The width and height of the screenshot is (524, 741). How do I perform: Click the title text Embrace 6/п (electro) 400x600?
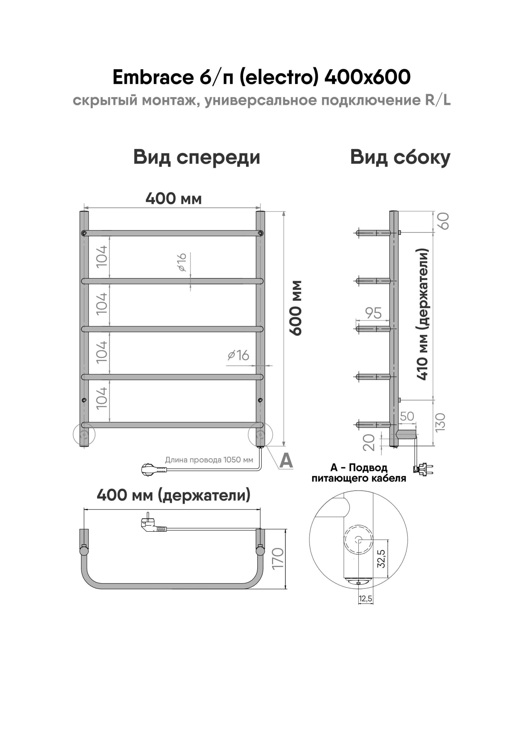tap(262, 77)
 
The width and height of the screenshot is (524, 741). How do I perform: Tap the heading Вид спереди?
tap(196, 157)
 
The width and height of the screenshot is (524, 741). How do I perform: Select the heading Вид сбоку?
tap(400, 157)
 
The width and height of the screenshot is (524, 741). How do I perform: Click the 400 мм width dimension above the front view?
tap(173, 199)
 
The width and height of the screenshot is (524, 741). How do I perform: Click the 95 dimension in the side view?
tap(373, 313)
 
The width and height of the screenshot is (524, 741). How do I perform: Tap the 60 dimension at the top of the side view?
tap(444, 221)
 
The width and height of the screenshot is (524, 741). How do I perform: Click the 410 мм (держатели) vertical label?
tap(423, 314)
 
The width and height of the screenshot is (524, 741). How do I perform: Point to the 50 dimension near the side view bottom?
tap(407, 416)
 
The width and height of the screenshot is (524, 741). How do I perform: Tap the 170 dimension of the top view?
tap(278, 558)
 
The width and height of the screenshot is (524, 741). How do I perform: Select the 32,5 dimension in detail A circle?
tap(381, 559)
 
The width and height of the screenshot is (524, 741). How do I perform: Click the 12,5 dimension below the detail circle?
tap(365, 599)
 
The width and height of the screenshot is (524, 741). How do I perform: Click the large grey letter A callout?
tap(286, 461)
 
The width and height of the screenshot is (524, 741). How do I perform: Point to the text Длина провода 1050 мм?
tap(209, 460)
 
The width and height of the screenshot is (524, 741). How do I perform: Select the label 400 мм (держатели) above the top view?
tap(173, 495)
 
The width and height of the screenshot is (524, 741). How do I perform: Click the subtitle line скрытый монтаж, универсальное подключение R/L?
tap(262, 100)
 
